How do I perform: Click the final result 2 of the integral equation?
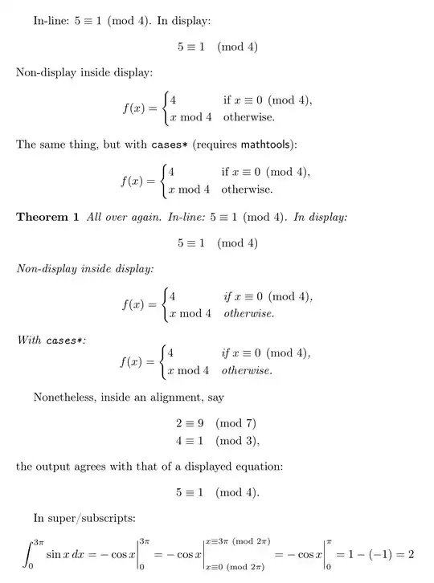(410, 553)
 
